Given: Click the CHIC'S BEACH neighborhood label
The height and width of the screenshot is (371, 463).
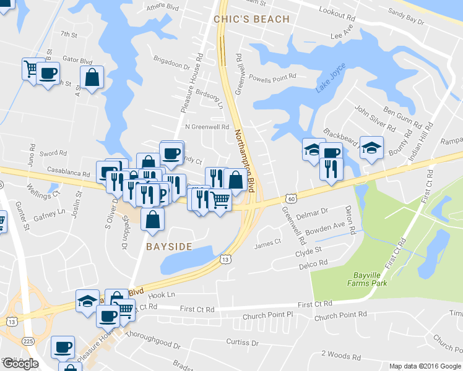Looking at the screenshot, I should (251, 19).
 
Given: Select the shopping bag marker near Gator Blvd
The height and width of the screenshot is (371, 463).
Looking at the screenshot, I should (92, 78).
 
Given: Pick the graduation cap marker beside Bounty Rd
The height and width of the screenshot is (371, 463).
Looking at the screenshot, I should (371, 148).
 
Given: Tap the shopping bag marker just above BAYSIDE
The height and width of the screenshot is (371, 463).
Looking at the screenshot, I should (152, 220).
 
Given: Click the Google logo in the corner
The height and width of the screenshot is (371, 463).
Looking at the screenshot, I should (20, 364).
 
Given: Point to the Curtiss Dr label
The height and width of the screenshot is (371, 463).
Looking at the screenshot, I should (241, 342).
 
